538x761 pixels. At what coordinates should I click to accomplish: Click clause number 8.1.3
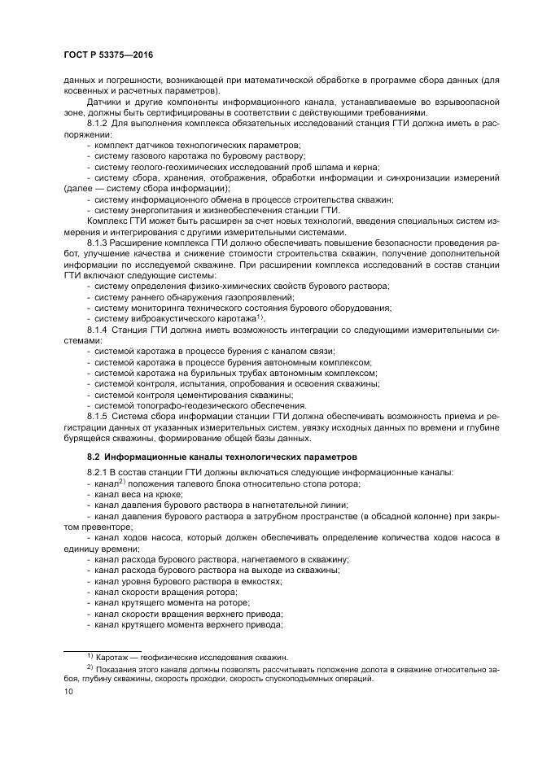pyautogui.click(x=98, y=242)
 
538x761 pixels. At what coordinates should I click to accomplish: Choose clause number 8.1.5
pyautogui.click(x=98, y=415)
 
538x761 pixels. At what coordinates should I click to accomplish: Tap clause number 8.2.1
pyautogui.click(x=98, y=473)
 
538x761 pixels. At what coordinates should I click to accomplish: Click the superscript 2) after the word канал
pyautogui.click(x=123, y=482)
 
